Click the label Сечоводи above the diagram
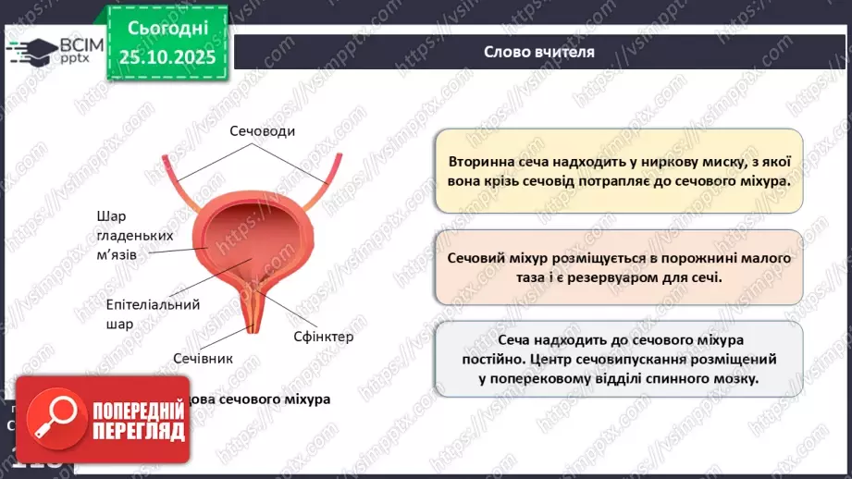click(263, 131)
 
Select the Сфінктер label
click(323, 337)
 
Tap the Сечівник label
click(203, 358)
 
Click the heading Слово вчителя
click(539, 52)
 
